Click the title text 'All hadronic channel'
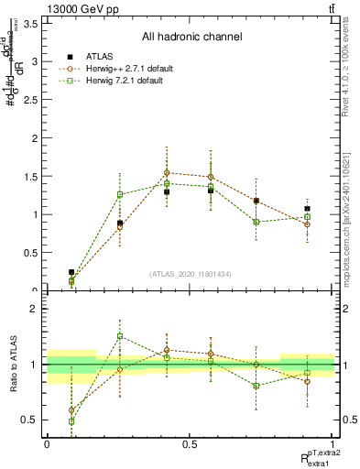pyautogui.click(x=191, y=38)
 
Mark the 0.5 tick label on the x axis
pyautogui.click(x=190, y=443)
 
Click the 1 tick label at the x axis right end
pyautogui.click(x=333, y=443)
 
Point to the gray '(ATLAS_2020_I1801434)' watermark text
pyautogui.click(x=191, y=274)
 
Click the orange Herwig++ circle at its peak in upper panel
pyautogui.click(x=167, y=172)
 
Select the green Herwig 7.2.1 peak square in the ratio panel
pyautogui.click(x=120, y=336)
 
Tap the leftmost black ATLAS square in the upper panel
pyautogui.click(x=71, y=272)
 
